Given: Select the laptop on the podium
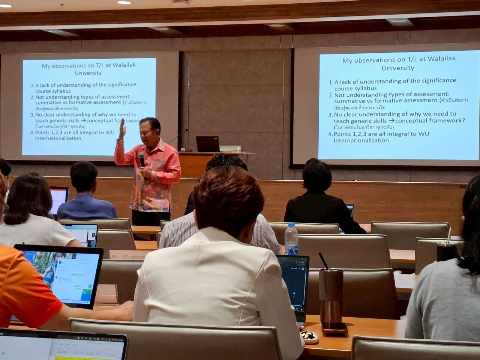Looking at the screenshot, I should click(x=207, y=144).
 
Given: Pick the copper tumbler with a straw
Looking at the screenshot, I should click(x=331, y=295).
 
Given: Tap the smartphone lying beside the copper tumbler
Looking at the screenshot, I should click(x=334, y=327).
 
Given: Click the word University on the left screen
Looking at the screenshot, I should click(x=88, y=73).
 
